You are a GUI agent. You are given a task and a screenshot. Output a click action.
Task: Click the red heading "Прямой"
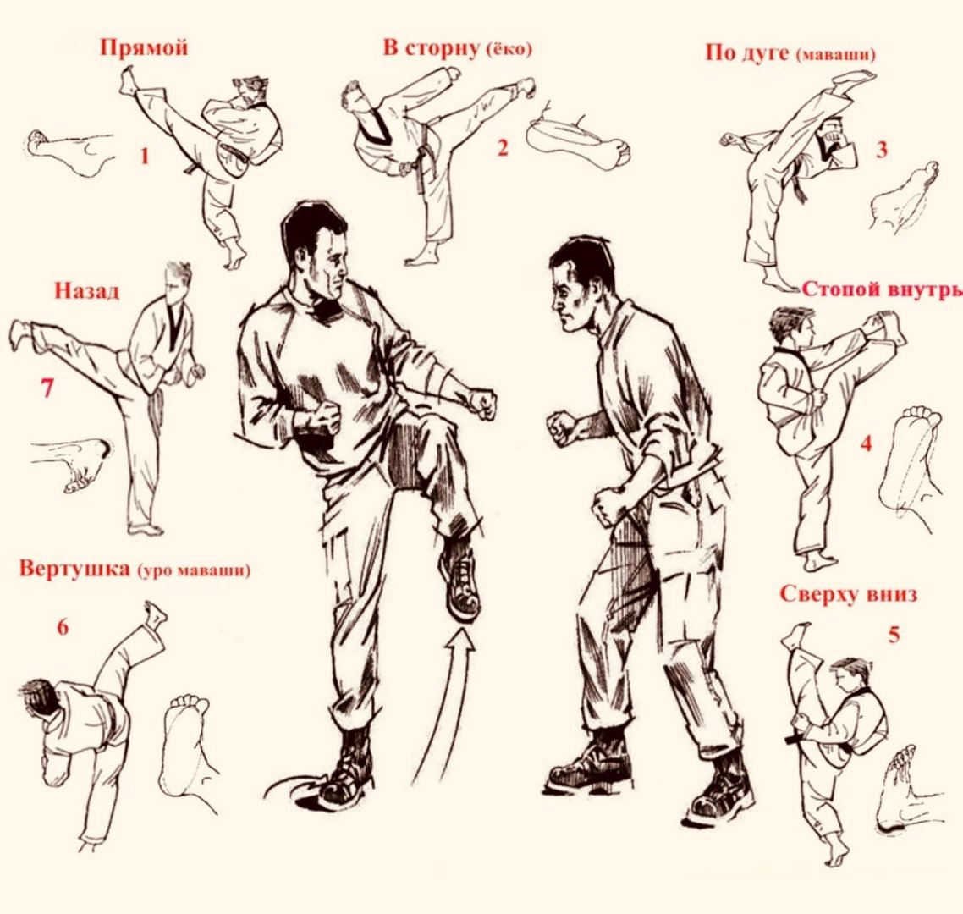pos(144,48)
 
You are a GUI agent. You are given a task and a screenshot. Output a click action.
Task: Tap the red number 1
pos(145,156)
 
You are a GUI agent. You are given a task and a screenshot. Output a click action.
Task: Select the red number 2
pos(503,148)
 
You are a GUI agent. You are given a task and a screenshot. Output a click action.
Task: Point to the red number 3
pos(881,149)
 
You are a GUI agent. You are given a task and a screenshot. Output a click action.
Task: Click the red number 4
pos(866,443)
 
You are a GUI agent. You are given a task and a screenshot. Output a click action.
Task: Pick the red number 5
pos(894,635)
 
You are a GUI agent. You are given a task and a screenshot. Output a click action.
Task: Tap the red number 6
pos(63,627)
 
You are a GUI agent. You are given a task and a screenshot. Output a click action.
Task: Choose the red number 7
pos(47,388)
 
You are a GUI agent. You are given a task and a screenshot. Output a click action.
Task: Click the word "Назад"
pos(87,290)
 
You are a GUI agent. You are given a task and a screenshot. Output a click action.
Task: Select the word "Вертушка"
pos(74,568)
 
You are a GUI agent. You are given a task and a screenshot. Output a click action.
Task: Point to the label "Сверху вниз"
pos(849,594)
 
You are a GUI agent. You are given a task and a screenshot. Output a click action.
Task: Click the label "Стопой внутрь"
pos(882,289)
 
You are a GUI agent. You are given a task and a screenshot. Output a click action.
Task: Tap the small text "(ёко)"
pos(509,49)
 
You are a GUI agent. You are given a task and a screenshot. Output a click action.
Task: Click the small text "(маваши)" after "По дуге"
pos(836,55)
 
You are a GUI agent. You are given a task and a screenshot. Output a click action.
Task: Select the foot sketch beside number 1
pos(70,152)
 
